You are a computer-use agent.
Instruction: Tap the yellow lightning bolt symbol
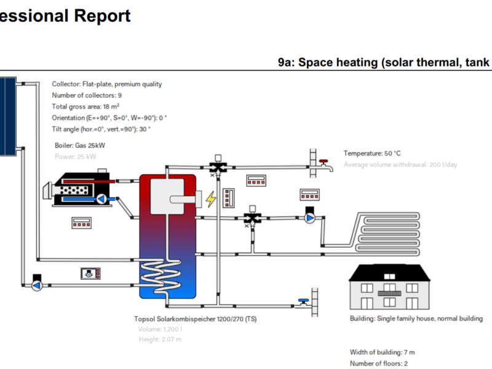[x=211, y=199]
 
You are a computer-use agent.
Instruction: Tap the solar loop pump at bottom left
[x=37, y=285]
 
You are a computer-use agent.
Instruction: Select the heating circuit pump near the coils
[x=310, y=218]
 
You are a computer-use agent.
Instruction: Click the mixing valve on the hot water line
[x=217, y=167]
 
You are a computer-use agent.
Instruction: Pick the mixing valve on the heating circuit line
[x=252, y=218]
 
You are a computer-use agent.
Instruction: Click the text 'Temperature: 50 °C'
[x=372, y=153]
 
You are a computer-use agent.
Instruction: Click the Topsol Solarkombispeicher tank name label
[x=195, y=319]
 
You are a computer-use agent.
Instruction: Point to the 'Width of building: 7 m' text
[x=381, y=352]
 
